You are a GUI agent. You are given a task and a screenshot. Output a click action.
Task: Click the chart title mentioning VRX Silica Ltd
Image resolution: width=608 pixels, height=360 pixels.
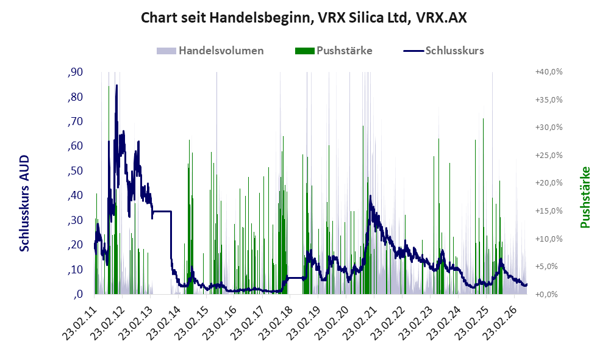[304, 18]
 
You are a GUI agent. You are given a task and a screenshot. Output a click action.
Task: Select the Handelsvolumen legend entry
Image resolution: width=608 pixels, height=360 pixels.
[210, 51]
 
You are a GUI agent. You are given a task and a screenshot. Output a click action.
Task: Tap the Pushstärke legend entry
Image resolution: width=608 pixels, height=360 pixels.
[334, 51]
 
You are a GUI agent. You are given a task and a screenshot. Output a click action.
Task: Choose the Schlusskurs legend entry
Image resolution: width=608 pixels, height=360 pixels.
[443, 51]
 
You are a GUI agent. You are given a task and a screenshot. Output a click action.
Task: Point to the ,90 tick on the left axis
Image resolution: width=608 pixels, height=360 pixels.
[75, 72]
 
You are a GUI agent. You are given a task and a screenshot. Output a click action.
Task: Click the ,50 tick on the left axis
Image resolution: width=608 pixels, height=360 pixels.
[75, 171]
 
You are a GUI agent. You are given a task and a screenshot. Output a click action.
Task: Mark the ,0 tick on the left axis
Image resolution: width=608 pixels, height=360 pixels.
[78, 294]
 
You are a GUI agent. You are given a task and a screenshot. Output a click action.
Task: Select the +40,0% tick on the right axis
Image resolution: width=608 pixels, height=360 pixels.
[549, 72]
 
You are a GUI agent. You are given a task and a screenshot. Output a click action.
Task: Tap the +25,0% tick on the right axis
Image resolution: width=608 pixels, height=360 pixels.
[549, 155]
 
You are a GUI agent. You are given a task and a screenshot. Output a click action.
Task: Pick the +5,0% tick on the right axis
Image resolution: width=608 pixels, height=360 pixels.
[551, 267]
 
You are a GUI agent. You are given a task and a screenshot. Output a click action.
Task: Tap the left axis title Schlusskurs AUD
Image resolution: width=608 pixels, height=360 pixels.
[24, 203]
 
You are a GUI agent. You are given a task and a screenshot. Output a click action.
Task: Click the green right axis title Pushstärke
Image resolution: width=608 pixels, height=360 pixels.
[585, 197]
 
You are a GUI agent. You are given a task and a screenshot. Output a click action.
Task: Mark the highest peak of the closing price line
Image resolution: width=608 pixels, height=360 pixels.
[116, 85]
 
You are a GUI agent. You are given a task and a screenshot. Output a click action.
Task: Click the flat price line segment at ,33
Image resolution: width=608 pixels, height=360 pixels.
[162, 211]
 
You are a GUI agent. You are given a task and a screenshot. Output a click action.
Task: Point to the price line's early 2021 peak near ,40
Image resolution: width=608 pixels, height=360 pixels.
[370, 196]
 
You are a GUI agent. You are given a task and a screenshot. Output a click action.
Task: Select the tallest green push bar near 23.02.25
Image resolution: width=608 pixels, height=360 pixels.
[483, 206]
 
